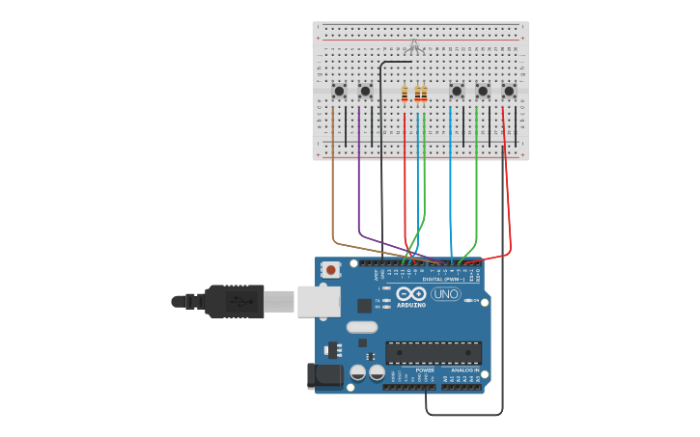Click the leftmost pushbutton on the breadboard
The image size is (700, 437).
tap(339, 91)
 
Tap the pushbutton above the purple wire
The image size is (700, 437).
tap(365, 91)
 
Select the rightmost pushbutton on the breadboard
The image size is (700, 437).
tap(509, 91)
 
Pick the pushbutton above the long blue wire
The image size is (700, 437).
tap(456, 91)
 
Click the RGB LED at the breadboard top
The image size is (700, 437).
tap(414, 45)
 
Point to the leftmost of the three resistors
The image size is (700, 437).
tap(405, 94)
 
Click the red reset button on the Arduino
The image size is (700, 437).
tap(331, 270)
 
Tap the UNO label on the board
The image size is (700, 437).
tap(446, 294)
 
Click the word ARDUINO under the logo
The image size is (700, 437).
tap(410, 305)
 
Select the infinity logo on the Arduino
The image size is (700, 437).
tap(410, 293)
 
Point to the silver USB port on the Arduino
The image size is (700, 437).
tap(318, 301)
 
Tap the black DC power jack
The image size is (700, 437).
tap(323, 375)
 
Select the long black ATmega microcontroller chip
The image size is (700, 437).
tap(434, 352)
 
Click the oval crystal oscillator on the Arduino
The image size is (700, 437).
tap(362, 327)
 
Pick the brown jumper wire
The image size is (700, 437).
tap(333, 183)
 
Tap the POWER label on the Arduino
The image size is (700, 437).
tap(425, 369)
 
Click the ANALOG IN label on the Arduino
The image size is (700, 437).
tap(464, 369)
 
